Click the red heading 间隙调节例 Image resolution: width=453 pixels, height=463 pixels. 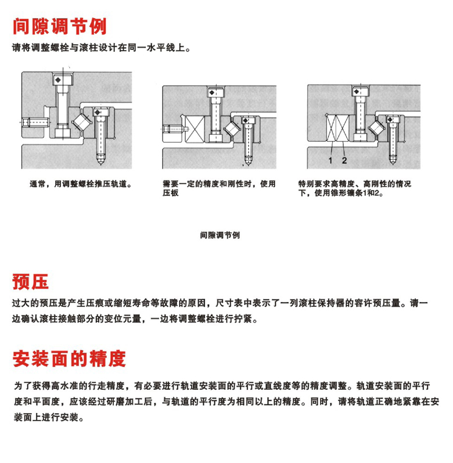(x=59, y=26)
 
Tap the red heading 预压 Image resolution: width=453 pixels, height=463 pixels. (x=30, y=281)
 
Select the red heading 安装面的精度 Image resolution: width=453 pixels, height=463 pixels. (x=69, y=358)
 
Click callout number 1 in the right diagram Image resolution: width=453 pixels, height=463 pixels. (x=330, y=160)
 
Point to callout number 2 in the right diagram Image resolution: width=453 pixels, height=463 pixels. (x=344, y=160)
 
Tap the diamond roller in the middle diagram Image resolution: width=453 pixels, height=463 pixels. (x=233, y=128)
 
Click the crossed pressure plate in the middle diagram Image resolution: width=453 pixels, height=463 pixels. (x=195, y=129)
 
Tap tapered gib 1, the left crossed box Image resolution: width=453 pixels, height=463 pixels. (x=332, y=128)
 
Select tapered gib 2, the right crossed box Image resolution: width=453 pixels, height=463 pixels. (x=343, y=128)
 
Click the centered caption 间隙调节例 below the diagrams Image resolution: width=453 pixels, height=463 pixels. (x=220, y=235)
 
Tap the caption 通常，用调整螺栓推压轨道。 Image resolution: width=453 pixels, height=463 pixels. (x=81, y=184)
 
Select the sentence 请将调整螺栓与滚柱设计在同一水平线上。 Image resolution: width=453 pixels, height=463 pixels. (x=101, y=48)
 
